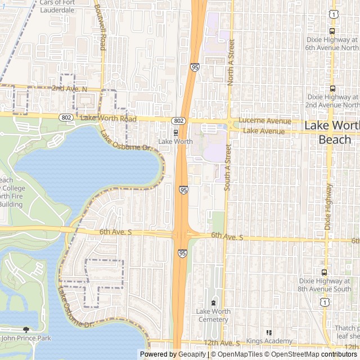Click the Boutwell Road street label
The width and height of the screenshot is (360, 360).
(100, 28)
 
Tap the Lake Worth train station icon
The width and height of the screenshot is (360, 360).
(176, 133)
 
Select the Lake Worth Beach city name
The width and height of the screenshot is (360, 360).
(332, 132)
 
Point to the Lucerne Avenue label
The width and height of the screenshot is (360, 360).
(264, 121)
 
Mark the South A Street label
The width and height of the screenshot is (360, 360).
(228, 167)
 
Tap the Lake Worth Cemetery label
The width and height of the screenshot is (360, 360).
(213, 316)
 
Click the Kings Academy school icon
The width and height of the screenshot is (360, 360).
(268, 332)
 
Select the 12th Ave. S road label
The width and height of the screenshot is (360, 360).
(222, 343)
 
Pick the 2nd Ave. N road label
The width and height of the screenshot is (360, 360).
(69, 89)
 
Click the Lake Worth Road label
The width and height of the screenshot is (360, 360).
(109, 118)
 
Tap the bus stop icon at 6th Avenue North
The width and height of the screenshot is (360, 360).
(332, 31)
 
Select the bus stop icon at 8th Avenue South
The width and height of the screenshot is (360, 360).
(332, 280)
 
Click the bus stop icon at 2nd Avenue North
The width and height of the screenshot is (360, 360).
(332, 88)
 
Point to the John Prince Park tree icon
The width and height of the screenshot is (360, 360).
(25, 330)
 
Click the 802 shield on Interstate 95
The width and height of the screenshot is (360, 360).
(178, 121)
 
